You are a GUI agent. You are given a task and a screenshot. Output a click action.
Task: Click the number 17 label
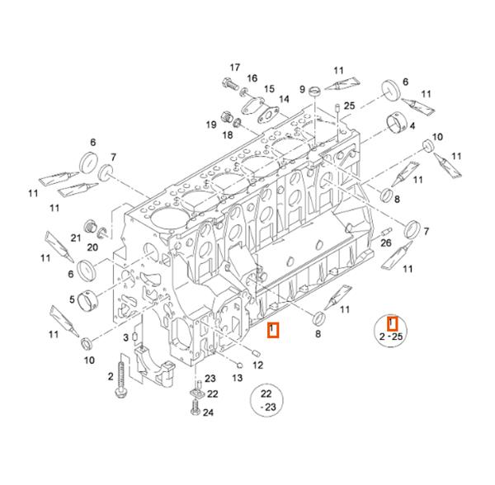click(x=234, y=67)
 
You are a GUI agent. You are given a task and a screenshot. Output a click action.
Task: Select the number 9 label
click(x=303, y=89)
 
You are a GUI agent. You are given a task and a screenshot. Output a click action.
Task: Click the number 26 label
click(x=385, y=242)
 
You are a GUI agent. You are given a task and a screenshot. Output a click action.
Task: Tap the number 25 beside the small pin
click(x=349, y=106)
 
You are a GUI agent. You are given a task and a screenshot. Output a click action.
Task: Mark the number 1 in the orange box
click(x=273, y=331)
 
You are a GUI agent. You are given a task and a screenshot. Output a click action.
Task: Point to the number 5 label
click(x=73, y=299)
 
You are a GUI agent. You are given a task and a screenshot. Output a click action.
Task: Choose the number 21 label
click(x=75, y=238)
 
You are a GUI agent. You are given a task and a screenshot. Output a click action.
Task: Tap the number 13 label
click(x=237, y=378)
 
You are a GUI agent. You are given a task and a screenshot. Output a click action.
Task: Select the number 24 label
click(x=209, y=412)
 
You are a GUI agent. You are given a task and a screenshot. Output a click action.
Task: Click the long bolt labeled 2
click(x=122, y=381)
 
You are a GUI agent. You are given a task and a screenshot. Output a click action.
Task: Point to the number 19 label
click(x=210, y=125)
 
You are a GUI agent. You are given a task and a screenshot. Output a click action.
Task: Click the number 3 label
click(x=125, y=337)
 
